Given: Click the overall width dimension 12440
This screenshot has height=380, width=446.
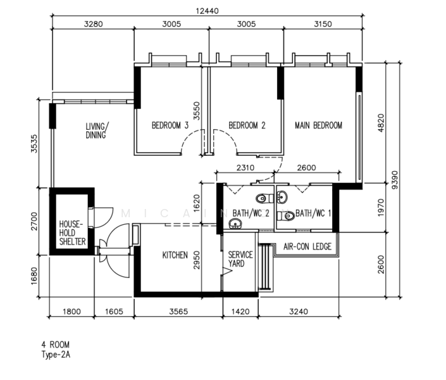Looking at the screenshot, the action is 208,11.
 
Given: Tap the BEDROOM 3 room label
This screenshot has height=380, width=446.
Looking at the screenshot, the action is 170,125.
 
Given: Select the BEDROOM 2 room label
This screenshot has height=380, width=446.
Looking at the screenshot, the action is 247,125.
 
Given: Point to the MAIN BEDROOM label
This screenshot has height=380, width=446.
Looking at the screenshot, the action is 318,125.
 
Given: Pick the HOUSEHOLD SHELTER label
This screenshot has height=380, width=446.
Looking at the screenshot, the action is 72,233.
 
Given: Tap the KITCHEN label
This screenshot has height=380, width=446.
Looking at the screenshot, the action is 175,255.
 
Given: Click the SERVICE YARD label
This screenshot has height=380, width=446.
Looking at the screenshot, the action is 240,259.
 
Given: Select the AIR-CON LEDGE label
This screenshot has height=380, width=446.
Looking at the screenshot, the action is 307,246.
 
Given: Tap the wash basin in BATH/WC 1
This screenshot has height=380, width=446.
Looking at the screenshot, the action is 282,196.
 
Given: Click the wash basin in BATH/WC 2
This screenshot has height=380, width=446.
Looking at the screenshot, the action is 235,224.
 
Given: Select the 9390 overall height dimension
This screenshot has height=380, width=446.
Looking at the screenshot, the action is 395,180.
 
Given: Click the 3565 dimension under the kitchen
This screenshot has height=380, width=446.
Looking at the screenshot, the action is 178,312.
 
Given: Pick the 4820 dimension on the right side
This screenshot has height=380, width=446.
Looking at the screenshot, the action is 381,123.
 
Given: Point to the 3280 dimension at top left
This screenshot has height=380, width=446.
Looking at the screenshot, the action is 93,24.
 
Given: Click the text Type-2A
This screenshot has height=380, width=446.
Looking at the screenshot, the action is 56,355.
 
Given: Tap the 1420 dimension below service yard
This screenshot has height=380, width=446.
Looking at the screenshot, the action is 240,312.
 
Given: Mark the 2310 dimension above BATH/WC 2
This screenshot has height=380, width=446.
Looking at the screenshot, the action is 245,167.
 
